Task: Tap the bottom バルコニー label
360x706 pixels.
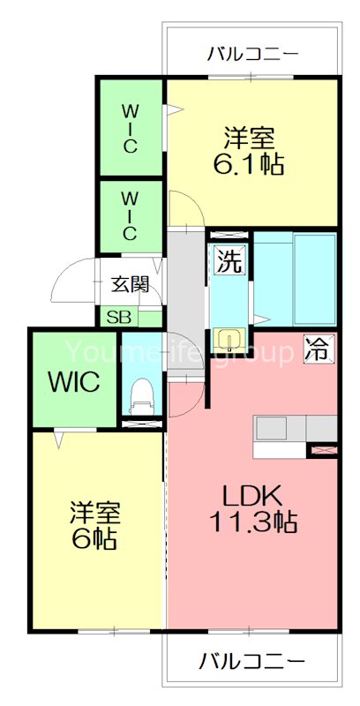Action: click(252, 660)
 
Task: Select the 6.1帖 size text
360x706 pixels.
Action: click(250, 165)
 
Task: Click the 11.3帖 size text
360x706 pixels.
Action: click(252, 522)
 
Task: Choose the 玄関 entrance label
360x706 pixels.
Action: click(131, 284)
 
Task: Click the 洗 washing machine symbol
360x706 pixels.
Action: click(229, 262)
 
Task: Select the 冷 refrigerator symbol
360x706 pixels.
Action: click(316, 349)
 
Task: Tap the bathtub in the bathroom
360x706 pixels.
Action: click(314, 278)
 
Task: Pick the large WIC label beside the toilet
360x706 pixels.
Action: click(73, 383)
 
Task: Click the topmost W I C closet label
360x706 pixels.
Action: click(129, 129)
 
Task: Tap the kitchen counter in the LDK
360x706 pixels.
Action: click(296, 428)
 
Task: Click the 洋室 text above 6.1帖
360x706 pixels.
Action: click(250, 139)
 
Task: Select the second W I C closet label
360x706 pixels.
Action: click(129, 215)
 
